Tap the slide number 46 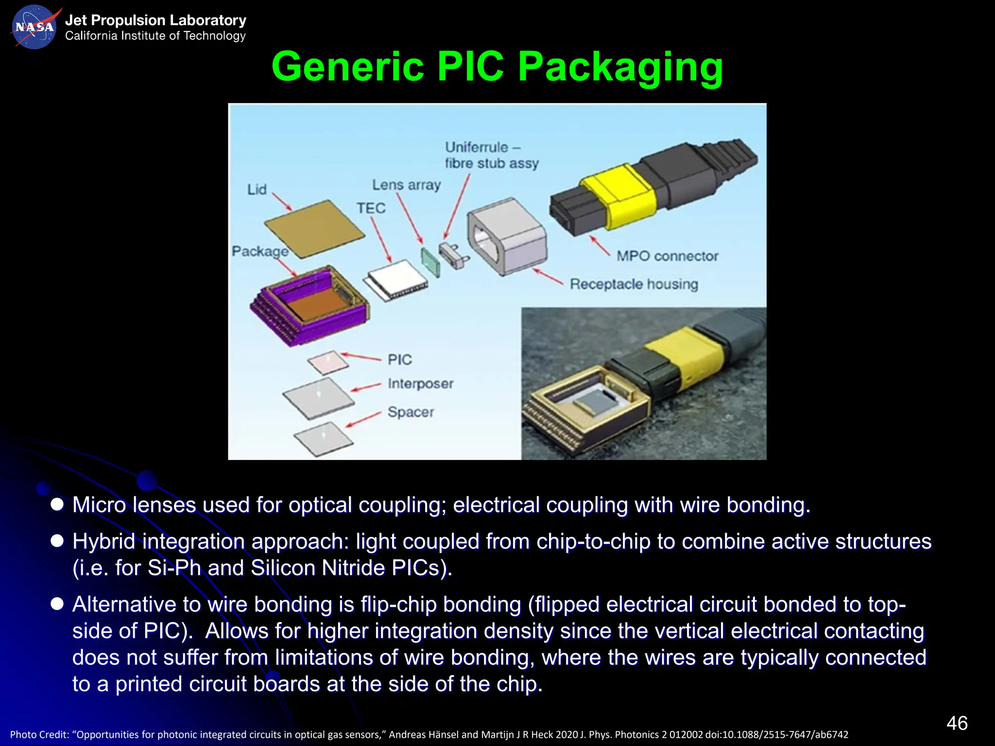957,723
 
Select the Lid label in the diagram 257,189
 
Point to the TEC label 371,208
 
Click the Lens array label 406,185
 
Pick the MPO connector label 667,256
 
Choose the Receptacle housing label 634,284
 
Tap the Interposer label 420,384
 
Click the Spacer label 411,412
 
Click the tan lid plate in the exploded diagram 315,228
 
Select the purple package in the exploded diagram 310,306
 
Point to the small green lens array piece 430,263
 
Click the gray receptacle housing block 507,236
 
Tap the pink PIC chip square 328,362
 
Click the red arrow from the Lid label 282,202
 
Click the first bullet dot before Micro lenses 57,505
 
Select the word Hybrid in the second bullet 104,542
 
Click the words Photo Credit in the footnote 39,735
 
